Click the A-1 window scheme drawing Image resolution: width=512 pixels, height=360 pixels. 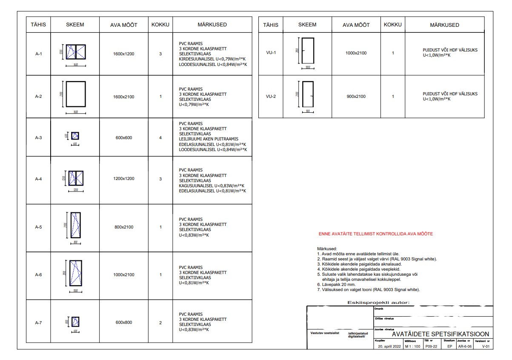pos(75,51)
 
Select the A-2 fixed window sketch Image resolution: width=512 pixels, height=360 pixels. pos(75,95)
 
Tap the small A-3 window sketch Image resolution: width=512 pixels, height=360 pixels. pos(75,136)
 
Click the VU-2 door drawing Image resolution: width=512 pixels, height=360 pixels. pos(307,94)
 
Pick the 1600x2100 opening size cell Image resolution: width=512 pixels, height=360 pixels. pos(124,97)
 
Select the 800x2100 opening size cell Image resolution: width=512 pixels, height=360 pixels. pos(124,227)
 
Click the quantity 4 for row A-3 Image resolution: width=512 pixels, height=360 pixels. pos(160,137)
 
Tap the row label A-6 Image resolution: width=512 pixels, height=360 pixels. pos(38,274)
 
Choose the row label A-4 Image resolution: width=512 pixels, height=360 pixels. pos(38,179)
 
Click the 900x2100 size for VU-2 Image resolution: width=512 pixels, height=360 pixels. pos(356,96)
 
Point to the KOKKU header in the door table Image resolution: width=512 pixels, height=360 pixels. pos(392,25)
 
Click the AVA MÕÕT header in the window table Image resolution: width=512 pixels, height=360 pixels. pos(124,25)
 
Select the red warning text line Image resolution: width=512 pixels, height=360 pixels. pos(376,234)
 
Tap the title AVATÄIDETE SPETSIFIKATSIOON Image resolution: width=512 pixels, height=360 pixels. pos(440,334)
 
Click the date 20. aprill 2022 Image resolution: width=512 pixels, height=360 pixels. pos(389,346)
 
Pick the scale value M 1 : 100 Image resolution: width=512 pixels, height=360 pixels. pos(412,346)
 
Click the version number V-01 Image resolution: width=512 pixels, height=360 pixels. pos(486,346)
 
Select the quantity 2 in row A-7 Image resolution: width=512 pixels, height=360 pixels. pos(160,323)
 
